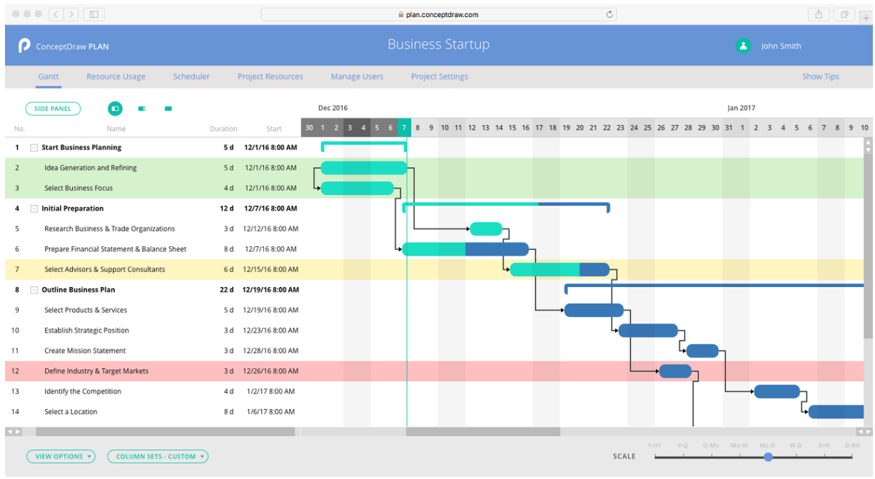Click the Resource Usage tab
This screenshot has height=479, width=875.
click(116, 76)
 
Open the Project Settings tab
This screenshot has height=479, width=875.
click(440, 76)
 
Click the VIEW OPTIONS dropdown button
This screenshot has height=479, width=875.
click(61, 456)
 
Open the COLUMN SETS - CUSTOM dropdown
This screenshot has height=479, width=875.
click(158, 456)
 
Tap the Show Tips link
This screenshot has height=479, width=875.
click(820, 76)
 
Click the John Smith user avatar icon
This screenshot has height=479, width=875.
click(743, 46)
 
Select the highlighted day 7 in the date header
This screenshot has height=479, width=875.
click(404, 128)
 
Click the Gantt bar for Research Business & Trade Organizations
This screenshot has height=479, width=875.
click(486, 229)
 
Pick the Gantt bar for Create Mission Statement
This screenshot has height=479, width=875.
click(702, 351)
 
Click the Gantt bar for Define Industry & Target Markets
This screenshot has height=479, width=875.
click(675, 371)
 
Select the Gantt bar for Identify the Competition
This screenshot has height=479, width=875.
click(777, 391)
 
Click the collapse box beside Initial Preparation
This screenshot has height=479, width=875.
click(34, 208)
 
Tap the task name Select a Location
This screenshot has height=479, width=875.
click(71, 412)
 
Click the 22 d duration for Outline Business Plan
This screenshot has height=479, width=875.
click(226, 290)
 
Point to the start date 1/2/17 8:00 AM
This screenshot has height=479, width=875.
click(270, 391)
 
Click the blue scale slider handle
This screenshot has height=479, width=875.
click(768, 457)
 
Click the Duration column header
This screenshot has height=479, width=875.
click(223, 129)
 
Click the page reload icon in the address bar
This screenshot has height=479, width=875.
click(610, 14)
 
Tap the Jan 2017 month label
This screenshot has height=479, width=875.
click(742, 108)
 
